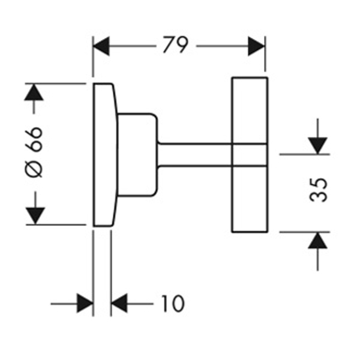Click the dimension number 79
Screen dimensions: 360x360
176,44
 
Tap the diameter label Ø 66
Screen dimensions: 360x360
34,152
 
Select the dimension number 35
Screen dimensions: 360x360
318,190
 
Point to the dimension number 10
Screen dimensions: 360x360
173,304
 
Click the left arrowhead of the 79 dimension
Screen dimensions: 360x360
101,46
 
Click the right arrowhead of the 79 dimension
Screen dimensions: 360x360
256,46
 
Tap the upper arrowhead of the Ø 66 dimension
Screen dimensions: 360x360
34,92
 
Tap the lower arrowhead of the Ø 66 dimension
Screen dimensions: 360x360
35,216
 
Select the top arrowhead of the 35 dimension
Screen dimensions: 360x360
317,146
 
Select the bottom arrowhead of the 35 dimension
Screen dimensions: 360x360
317,241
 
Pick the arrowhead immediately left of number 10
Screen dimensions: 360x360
119,303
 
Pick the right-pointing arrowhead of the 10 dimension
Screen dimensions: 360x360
85,303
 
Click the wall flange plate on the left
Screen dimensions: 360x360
104,155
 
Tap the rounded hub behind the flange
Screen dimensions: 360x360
137,155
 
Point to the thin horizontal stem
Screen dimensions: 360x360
195,155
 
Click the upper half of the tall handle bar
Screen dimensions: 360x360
250,110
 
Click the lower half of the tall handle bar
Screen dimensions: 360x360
250,199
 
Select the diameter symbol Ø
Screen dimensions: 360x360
34,169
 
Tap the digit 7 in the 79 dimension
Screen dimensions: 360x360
169,44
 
